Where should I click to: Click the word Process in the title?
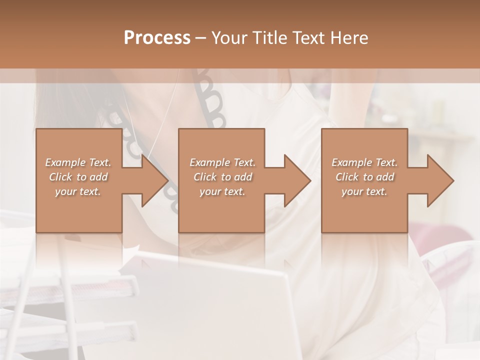[x=157, y=38]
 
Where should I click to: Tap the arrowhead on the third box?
[x=437, y=180]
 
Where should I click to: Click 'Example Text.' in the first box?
[x=78, y=162]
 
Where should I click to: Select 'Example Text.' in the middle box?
[x=222, y=162]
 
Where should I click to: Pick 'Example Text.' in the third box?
[x=364, y=162]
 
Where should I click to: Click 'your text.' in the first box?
[x=78, y=191]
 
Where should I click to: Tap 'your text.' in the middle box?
[x=222, y=191]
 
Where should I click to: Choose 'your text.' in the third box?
[x=364, y=191]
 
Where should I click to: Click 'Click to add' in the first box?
[x=78, y=177]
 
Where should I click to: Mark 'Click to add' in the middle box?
[x=222, y=177]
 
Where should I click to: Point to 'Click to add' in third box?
[x=364, y=177]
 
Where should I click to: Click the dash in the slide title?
[x=200, y=38]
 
